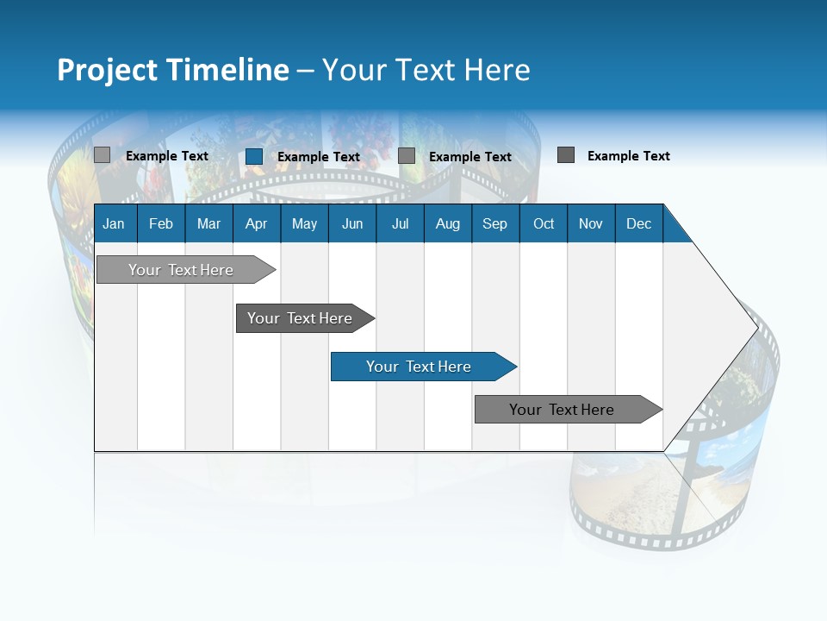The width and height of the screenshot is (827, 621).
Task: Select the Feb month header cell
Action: [161, 223]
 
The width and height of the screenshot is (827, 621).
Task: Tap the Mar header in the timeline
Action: [208, 223]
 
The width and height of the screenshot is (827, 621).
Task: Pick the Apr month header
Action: [257, 223]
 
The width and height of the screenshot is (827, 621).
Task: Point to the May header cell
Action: [304, 223]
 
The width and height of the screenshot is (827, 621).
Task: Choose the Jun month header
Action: [352, 223]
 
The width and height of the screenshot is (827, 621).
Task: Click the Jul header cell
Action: [400, 223]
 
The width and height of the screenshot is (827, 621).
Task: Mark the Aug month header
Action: [448, 223]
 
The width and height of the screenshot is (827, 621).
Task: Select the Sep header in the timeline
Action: [495, 223]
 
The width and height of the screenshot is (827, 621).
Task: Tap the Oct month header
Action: [544, 223]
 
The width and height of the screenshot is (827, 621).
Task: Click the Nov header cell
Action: [591, 223]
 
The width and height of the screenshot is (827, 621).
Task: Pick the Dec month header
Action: [639, 223]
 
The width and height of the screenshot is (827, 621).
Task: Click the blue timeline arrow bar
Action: [422, 367]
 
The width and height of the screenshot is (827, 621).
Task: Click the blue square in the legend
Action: [254, 156]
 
